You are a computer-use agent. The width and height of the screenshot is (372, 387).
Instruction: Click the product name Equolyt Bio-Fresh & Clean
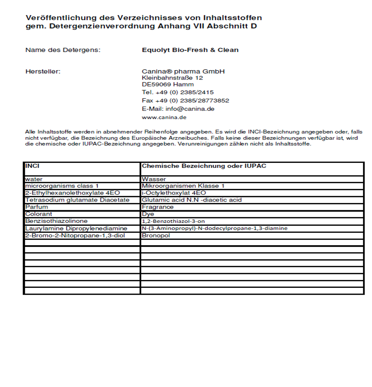point(190,50)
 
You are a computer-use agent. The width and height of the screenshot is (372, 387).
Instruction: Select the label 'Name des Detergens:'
point(63,50)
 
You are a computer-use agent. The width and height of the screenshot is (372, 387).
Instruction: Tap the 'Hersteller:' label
point(43,72)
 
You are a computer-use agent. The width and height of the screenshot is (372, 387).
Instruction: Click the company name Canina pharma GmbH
point(183,72)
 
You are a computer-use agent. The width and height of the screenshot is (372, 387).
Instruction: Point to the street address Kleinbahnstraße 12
point(173,78)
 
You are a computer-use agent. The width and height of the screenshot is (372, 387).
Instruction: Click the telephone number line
point(178,92)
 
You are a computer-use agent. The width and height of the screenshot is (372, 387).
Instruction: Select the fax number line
point(185,101)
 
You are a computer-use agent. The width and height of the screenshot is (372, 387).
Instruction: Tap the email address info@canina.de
point(178,109)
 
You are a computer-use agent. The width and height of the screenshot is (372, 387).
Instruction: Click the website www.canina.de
point(164,117)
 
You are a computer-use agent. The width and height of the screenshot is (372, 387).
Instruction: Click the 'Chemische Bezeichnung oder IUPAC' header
point(204,166)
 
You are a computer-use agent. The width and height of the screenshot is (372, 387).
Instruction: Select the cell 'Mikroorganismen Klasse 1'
point(183,186)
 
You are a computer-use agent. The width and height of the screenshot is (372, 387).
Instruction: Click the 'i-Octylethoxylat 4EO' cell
point(174,193)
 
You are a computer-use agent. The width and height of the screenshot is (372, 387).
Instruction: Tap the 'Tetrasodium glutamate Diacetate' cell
point(77,200)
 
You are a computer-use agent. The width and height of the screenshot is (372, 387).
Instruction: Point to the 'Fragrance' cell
point(158,207)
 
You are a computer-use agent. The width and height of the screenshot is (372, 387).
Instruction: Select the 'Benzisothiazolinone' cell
point(56,221)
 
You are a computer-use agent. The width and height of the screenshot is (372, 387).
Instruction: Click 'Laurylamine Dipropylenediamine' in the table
point(76,228)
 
